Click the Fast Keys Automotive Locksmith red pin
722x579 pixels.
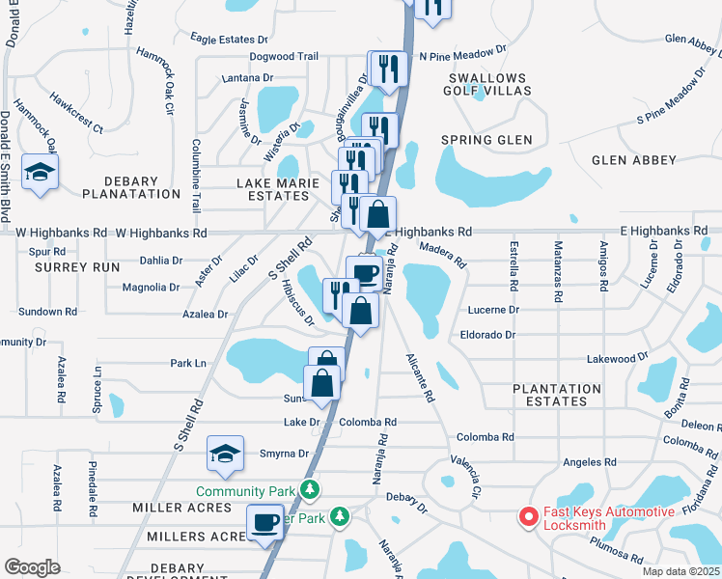pos(528,517)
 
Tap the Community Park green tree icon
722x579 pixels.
pos(310,490)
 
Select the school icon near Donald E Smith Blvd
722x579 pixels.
pos(40,172)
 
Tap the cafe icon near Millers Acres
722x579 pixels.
pos(265,523)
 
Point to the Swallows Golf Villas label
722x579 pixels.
pos(486,84)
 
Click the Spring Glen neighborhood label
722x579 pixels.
pos(486,140)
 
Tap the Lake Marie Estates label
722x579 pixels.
pos(272,188)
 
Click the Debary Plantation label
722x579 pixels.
pos(132,187)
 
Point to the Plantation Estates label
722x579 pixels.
pos(564,394)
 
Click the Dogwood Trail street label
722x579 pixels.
pos(284,57)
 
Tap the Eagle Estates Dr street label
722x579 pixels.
pos(229,40)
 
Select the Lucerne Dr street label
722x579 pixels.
pos(493,310)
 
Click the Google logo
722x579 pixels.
pos(32,567)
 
